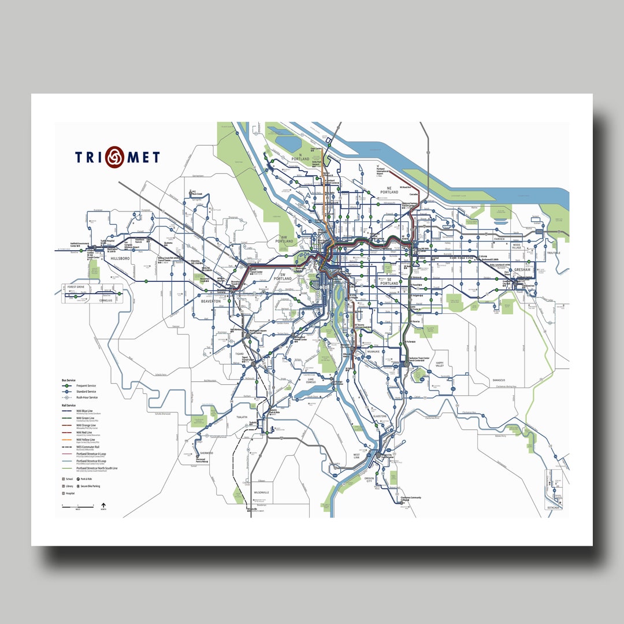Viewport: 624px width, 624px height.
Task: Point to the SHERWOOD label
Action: pos(206,453)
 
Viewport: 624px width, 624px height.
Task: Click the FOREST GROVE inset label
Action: pos(76,287)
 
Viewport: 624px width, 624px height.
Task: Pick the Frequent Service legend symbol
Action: pos(68,385)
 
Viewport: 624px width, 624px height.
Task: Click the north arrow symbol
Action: pos(103,506)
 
